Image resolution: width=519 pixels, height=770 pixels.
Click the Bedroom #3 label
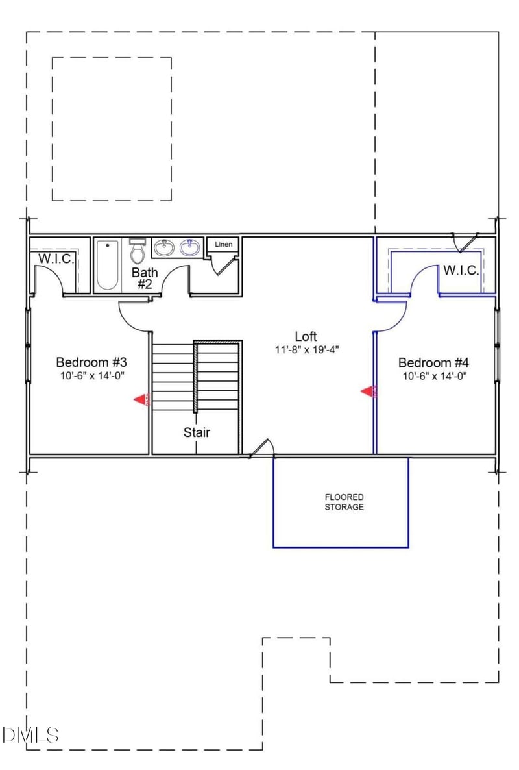coord(86,362)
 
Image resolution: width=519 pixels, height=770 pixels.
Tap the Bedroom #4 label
coord(429,362)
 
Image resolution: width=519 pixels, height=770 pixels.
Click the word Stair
coord(196,432)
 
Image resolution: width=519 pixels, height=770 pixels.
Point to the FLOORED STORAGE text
coord(344,502)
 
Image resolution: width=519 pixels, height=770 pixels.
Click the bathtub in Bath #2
coord(108,265)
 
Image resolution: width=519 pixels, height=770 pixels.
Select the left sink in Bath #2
coord(163,247)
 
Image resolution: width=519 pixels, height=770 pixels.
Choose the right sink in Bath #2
coord(190,247)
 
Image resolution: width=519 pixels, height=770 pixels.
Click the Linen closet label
coord(223,245)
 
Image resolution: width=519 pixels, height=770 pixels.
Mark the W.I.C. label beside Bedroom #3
coord(57,258)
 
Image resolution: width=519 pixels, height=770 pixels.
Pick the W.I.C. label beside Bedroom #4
coord(461,270)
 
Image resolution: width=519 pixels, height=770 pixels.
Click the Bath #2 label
coord(144,278)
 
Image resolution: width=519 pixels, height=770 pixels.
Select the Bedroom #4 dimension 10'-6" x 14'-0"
coord(433,376)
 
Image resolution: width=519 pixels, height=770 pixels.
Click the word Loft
coord(306,336)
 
